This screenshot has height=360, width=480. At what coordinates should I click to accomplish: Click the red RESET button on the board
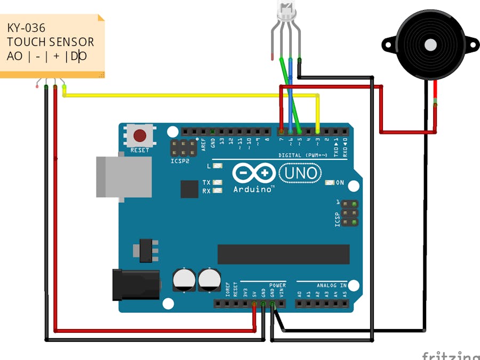coord(140,135)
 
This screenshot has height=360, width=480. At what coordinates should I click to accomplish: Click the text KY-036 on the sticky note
coord(26,28)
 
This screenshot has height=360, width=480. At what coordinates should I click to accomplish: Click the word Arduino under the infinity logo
coord(253,189)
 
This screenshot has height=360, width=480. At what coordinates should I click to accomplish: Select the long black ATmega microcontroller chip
coord(283,254)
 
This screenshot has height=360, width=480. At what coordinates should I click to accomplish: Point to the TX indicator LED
coord(217,182)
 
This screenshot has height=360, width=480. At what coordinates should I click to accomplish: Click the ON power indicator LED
coord(329,183)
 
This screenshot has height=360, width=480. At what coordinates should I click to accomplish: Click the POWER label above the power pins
coord(277,285)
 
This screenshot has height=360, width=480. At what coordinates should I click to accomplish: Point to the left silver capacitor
coord(183,279)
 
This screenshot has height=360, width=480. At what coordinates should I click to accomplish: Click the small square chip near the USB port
coord(189,189)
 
